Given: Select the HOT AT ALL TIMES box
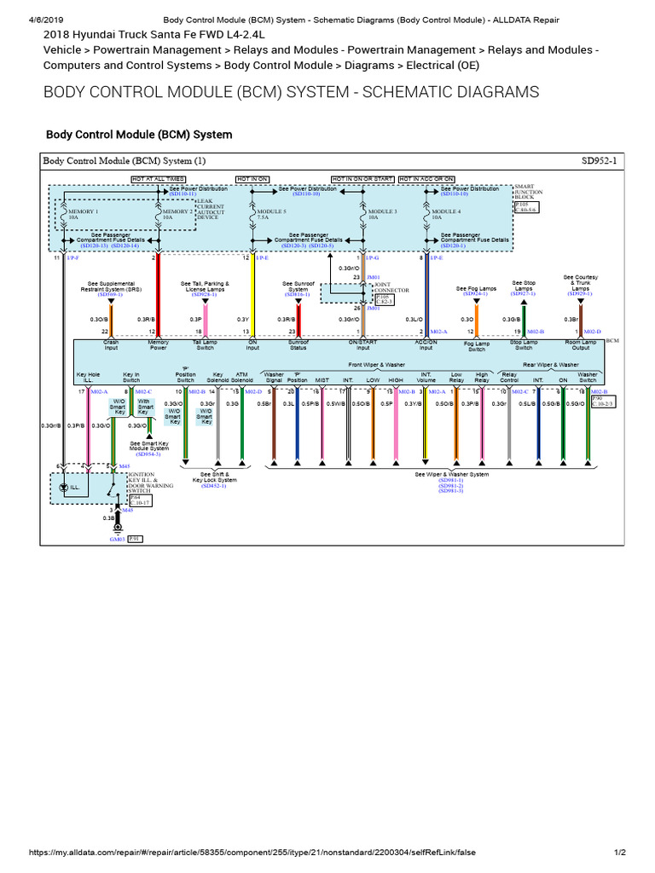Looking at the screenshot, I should coord(158,179).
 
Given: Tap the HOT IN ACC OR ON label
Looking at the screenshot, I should coord(426,179).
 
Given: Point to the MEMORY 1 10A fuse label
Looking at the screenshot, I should coord(84,214).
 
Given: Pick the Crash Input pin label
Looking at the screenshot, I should coord(112,345).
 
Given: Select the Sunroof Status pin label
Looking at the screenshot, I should coord(298,345).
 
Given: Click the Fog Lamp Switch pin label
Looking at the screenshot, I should coord(476,346).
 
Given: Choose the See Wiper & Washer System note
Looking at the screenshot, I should coord(451,474).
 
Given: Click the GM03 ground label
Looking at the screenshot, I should coord(117,540).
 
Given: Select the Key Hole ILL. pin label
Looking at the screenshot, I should coord(88,377).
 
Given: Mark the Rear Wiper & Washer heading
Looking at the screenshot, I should coord(551,365).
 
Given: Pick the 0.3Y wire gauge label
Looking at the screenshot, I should coord(243,319).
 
